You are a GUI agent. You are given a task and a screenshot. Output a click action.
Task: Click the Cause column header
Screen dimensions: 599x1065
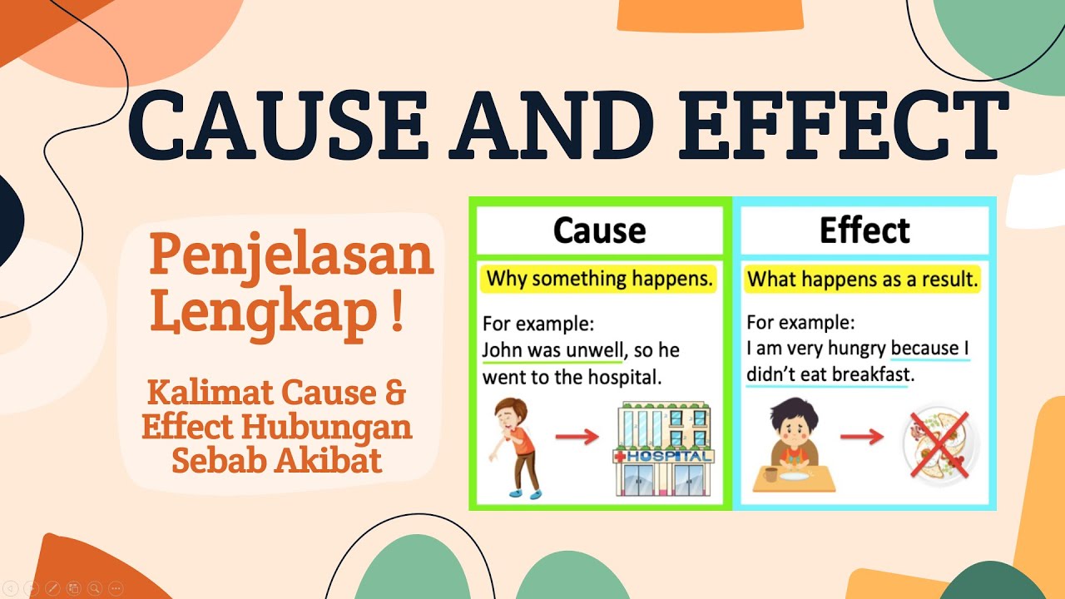click(599, 230)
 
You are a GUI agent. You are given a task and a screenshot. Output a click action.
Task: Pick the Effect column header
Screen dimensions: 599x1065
click(865, 230)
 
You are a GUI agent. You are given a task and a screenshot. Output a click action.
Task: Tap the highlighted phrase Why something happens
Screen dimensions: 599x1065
click(599, 279)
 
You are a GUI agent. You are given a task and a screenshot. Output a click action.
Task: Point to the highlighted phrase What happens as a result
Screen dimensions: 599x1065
click(862, 280)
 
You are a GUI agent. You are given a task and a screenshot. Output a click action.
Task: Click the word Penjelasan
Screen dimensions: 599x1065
click(291, 256)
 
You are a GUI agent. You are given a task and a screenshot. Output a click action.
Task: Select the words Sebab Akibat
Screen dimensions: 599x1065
click(277, 458)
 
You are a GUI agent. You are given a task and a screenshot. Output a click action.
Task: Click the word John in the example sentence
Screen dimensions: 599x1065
click(500, 349)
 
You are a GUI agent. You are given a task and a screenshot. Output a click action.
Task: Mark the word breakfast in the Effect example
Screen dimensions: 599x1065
click(870, 374)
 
